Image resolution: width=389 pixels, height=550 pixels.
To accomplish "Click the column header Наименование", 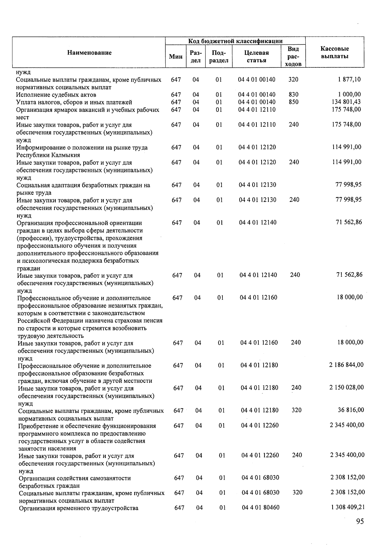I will tap(89, 53).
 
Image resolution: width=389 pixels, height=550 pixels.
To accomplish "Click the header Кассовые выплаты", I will tap(335, 53).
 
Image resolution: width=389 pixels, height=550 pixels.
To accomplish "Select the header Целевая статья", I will tap(256, 56).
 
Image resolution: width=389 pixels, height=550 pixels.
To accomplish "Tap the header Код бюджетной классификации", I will tap(235, 41).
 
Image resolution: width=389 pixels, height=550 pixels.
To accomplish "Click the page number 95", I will tap(360, 521).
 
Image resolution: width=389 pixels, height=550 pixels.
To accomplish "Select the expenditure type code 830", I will tap(293, 95).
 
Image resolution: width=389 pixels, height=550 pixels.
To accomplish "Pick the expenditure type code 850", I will tap(293, 102).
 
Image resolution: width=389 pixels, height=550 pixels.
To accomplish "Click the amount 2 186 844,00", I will tap(346, 365).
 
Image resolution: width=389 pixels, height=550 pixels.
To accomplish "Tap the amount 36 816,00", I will tap(351, 410).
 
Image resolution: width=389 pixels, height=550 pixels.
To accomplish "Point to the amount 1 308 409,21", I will tap(348, 507).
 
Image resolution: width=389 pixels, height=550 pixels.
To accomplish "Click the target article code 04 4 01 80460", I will tap(260, 508).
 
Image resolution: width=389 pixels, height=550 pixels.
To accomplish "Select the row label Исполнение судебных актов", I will tap(56, 95).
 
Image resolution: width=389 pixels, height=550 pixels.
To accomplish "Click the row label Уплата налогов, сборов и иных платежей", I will tap(74, 102).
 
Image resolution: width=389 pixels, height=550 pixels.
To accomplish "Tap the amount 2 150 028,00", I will tap(347, 388).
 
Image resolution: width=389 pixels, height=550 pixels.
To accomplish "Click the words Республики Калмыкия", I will tap(48, 155).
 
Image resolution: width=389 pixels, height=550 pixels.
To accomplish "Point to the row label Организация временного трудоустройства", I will tap(78, 508).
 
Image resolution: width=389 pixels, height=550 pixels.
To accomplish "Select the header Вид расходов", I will tap(293, 56).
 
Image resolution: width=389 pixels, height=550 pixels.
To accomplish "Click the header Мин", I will tap(176, 57).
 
